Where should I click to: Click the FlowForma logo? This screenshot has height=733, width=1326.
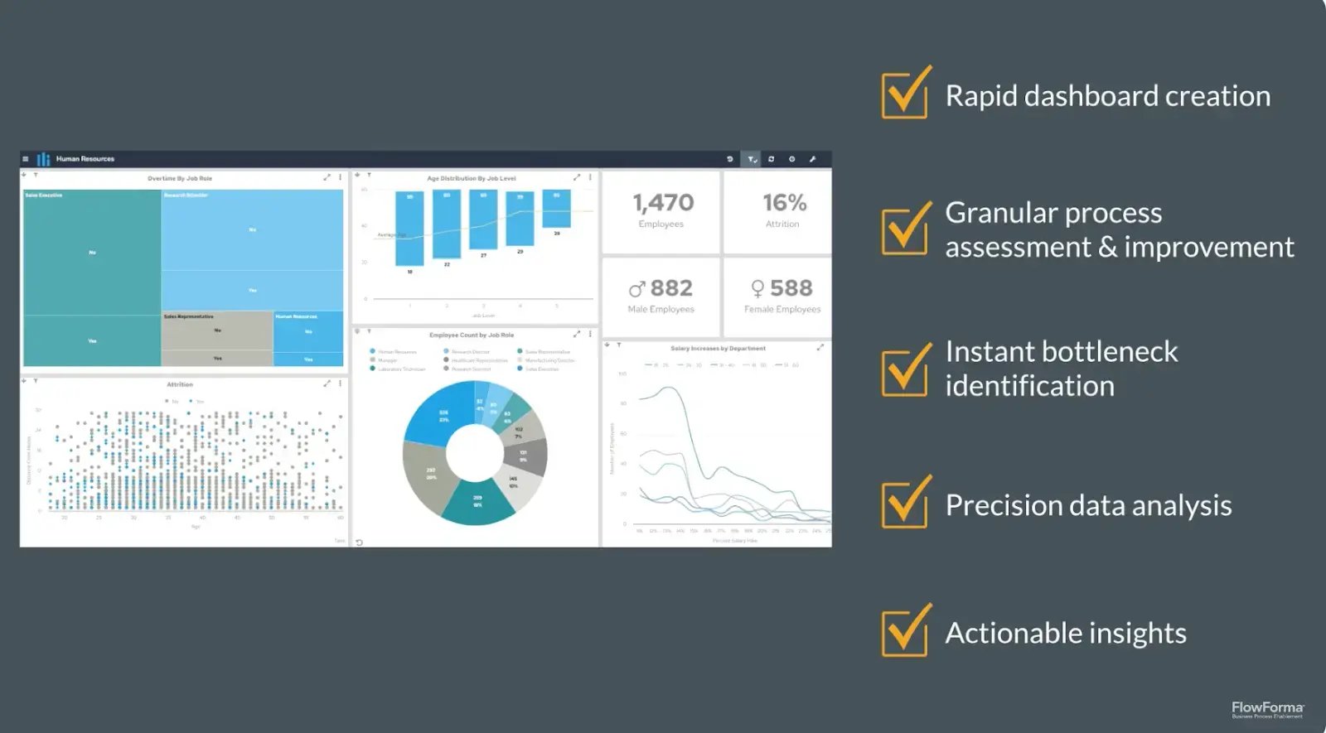click(1267, 709)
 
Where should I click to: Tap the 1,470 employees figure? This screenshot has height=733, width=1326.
click(663, 203)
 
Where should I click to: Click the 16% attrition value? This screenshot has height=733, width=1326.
click(784, 203)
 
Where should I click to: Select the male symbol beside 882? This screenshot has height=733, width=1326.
click(636, 289)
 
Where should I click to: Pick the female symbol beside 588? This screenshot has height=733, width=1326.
click(757, 289)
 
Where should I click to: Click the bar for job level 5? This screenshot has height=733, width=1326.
click(556, 209)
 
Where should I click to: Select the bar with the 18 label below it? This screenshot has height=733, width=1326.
click(409, 229)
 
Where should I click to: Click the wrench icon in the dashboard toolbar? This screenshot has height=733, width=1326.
click(812, 159)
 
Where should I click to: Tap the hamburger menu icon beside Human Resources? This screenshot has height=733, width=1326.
click(26, 159)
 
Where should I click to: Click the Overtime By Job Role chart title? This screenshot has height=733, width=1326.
click(180, 178)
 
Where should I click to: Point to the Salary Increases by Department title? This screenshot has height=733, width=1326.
click(718, 349)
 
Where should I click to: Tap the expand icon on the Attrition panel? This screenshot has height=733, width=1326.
click(327, 383)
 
